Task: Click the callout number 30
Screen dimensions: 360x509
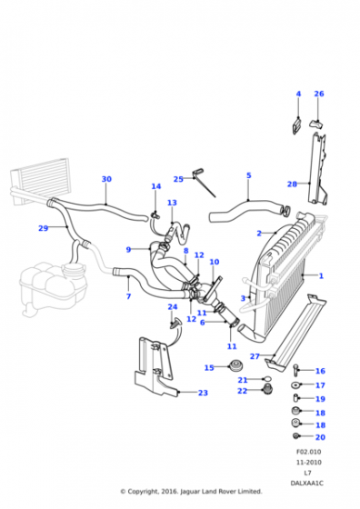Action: click(x=106, y=179)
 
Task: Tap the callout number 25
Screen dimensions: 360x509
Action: click(x=178, y=179)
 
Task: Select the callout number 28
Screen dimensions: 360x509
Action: click(x=292, y=184)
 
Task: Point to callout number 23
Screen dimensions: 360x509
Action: click(x=203, y=393)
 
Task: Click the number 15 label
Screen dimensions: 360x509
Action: click(x=209, y=368)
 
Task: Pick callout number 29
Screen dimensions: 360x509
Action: click(x=43, y=228)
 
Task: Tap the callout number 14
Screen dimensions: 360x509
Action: click(x=156, y=186)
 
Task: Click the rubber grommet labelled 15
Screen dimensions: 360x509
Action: click(x=236, y=365)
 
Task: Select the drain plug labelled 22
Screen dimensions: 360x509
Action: click(x=267, y=389)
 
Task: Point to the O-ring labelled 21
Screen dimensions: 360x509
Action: click(x=267, y=378)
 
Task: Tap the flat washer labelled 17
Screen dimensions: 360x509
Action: click(x=295, y=385)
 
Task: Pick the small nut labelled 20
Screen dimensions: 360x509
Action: click(x=295, y=436)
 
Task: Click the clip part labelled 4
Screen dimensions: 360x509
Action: click(x=296, y=125)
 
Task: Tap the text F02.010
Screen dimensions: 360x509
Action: click(x=308, y=452)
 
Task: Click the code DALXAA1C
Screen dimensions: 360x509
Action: click(x=307, y=484)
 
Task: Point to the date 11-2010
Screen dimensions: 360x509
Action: click(x=308, y=463)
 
